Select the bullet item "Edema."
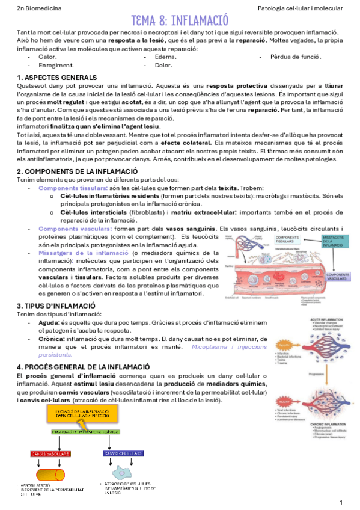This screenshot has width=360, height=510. point(165,56)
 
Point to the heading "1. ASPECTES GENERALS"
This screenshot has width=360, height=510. point(57,78)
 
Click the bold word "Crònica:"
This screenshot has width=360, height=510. point(51,339)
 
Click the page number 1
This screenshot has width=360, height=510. point(341,502)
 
